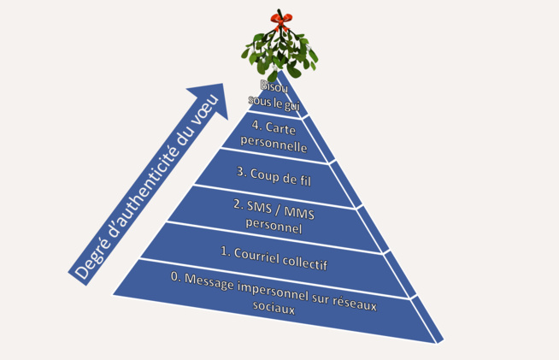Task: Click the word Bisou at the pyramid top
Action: [x=274, y=86]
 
